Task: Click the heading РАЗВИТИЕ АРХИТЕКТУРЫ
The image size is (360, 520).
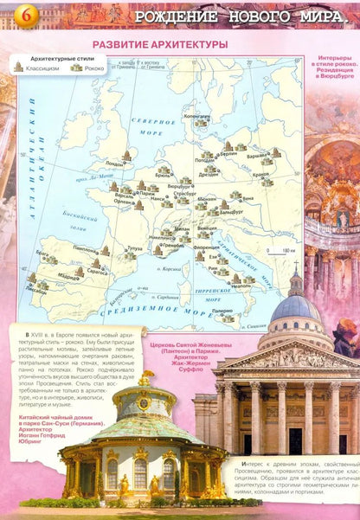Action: pyautogui.click(x=160, y=43)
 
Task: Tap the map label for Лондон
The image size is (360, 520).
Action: pyautogui.click(x=114, y=163)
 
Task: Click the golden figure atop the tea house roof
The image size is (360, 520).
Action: pyautogui.click(x=146, y=379)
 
